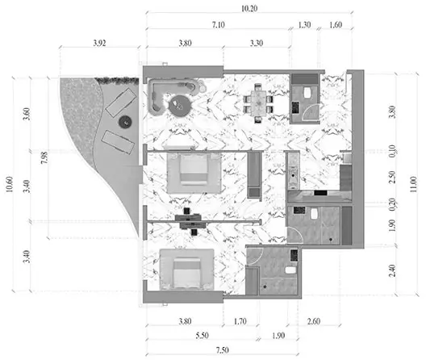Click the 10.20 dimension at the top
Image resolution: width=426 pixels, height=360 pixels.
coord(249,8)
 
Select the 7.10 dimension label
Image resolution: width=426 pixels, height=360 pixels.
coord(218,25)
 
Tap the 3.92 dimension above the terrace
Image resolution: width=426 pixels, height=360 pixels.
coord(99,43)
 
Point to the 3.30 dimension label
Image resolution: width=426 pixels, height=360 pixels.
coord(257,43)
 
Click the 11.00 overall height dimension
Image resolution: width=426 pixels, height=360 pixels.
coord(413,184)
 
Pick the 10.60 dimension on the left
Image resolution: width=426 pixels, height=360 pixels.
coord(9,184)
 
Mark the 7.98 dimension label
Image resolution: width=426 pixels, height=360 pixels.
coord(44,157)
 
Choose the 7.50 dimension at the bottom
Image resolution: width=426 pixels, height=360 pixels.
coord(222,350)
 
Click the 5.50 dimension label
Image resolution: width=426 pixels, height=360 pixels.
coord(203,335)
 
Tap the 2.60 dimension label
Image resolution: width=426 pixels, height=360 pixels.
coord(314,321)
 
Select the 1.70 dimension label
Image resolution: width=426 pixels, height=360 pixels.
coord(240,321)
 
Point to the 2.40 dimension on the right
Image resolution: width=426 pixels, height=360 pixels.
coord(392,271)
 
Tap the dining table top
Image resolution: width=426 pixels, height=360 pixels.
coord(258,101)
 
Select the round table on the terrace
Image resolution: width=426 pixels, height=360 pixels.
coord(125,123)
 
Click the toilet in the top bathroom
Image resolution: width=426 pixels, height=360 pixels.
coord(307,93)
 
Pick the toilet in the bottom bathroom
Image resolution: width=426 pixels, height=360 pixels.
coord(290,270)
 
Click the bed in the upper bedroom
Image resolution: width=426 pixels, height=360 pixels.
coord(194,174)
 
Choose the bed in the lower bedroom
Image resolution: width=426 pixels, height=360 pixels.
coord(186,270)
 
